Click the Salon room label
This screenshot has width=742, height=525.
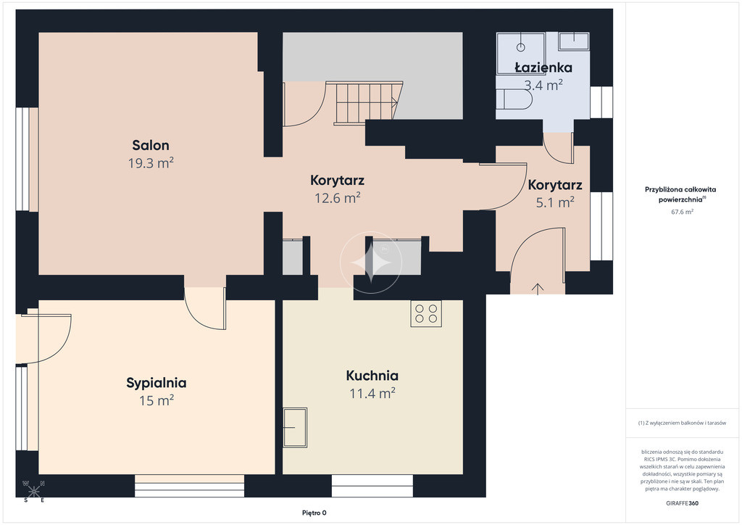coord(151,145)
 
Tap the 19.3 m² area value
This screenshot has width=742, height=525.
coord(151,163)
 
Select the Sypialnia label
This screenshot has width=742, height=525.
coord(157,383)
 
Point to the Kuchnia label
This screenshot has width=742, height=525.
coord(372,376)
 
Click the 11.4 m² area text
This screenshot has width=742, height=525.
coord(372,394)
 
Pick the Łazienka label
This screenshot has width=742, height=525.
coord(543,67)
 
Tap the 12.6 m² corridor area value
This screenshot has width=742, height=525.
coord(338,198)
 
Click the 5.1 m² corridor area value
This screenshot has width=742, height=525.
coord(554,202)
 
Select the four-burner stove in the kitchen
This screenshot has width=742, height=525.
coord(426,313)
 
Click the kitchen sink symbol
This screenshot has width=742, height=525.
coord(295,428)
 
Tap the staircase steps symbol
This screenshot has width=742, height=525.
coord(367,103)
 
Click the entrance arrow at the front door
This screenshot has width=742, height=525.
coord(538,289)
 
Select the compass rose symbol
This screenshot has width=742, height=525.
coord(33,492)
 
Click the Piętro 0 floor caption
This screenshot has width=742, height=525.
coord(314,513)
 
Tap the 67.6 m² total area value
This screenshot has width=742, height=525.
coord(682,212)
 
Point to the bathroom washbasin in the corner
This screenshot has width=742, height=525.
coord(574,41)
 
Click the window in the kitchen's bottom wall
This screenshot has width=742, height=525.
coord(372,486)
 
